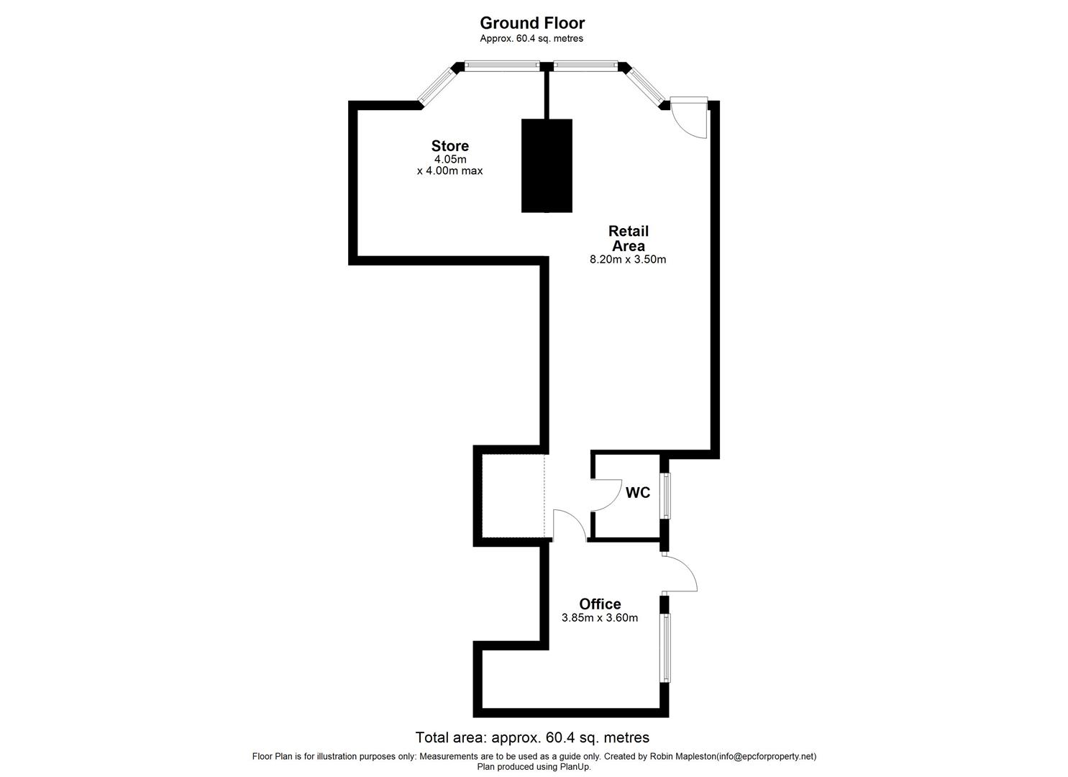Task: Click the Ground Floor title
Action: [532, 23]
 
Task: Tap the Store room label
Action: [450, 145]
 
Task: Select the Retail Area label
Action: [629, 238]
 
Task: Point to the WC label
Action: [638, 493]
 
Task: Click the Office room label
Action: [600, 604]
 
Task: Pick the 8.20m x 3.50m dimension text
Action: [628, 260]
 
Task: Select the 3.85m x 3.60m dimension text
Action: [600, 618]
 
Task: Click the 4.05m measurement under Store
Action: [450, 159]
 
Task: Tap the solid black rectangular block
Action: [547, 165]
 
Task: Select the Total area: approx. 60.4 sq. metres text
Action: [532, 737]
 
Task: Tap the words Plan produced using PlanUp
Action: [534, 767]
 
